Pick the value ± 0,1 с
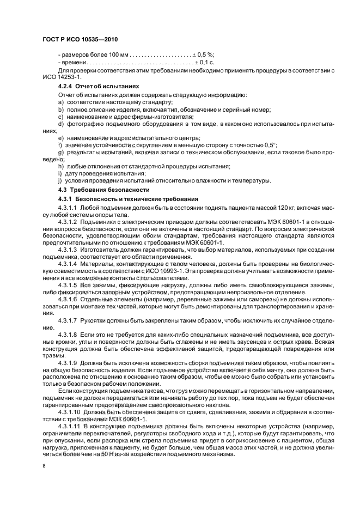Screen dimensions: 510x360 coord(204,63)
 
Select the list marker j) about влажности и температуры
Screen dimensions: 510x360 coord(60,180)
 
